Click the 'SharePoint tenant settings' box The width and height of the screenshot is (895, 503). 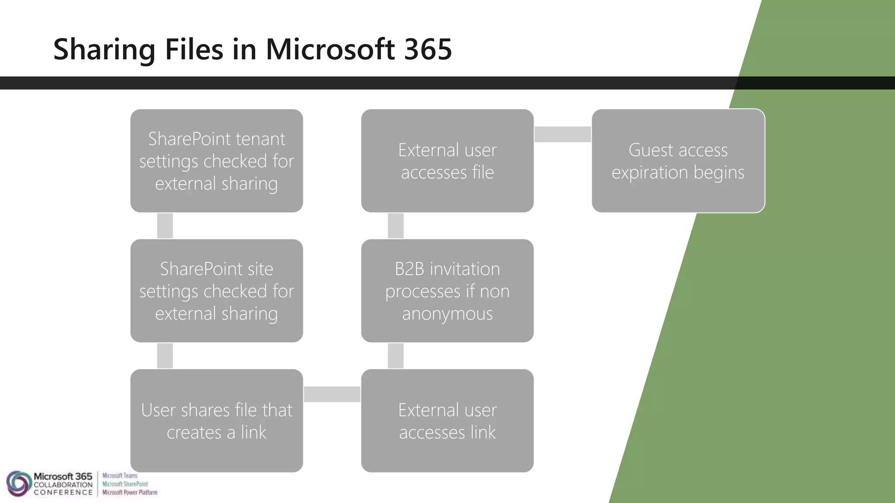216,161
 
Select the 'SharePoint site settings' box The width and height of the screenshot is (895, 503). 216,291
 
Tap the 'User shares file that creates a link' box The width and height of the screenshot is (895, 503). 216,420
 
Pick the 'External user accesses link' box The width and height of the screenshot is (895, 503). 447,420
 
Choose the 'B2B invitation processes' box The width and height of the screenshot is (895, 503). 447,291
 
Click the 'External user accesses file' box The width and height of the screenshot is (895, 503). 447,161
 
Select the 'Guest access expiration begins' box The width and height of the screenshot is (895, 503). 678,161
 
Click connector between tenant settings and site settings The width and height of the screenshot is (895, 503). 165,226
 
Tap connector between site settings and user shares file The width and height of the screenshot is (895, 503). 165,355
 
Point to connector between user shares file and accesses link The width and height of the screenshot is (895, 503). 332,394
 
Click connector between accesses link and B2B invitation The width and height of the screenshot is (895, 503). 395,355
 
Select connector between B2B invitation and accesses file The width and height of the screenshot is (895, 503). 395,226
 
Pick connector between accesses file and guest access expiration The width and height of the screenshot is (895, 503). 562,134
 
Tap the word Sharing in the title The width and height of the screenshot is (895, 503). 104,50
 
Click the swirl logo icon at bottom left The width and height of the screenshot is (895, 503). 18,483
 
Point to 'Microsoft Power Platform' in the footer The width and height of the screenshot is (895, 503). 130,493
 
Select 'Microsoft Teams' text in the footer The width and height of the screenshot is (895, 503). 120,475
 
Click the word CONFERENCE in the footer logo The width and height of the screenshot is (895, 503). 63,493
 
